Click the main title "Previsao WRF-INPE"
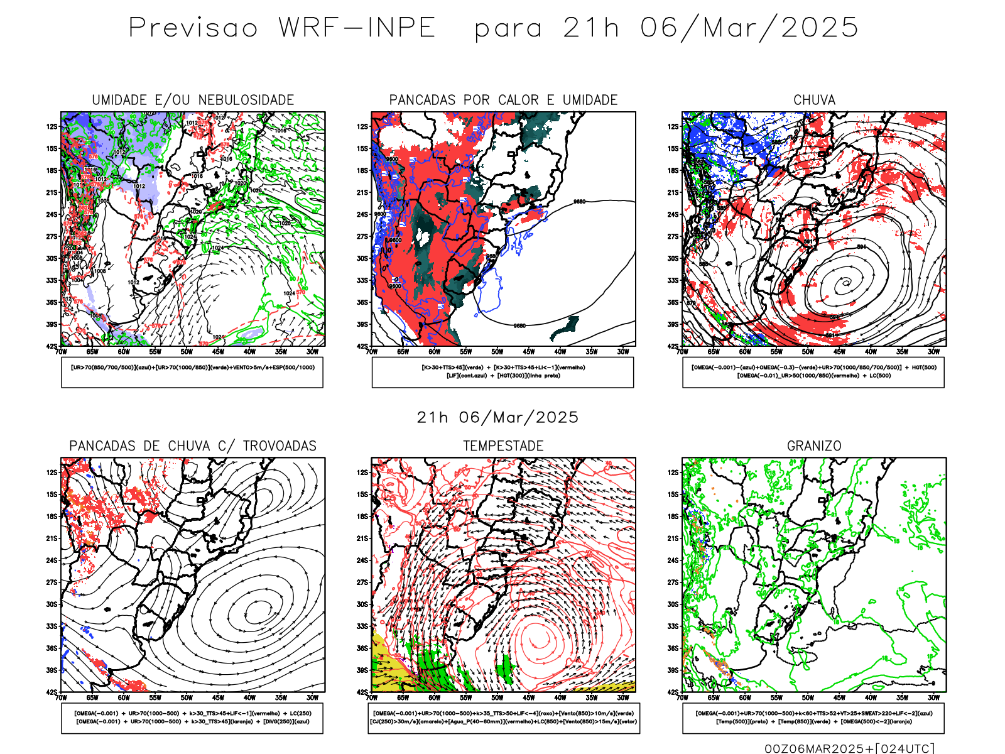282,28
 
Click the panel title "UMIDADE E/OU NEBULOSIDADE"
193,100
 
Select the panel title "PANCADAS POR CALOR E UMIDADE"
503,100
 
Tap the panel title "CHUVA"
814,100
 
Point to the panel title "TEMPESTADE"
503,446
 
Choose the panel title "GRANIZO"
814,446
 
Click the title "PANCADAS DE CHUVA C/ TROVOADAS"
193,446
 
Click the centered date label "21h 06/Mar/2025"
497,417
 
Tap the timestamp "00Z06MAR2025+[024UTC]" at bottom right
849,748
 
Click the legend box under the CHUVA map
813,372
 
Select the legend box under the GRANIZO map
813,718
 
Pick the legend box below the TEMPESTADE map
503,718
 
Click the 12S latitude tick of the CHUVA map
673,127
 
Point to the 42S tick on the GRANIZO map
673,692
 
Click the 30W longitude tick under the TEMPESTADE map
622,698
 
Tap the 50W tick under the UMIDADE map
187,352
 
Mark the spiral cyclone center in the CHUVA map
845,283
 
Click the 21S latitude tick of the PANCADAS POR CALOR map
363,193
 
